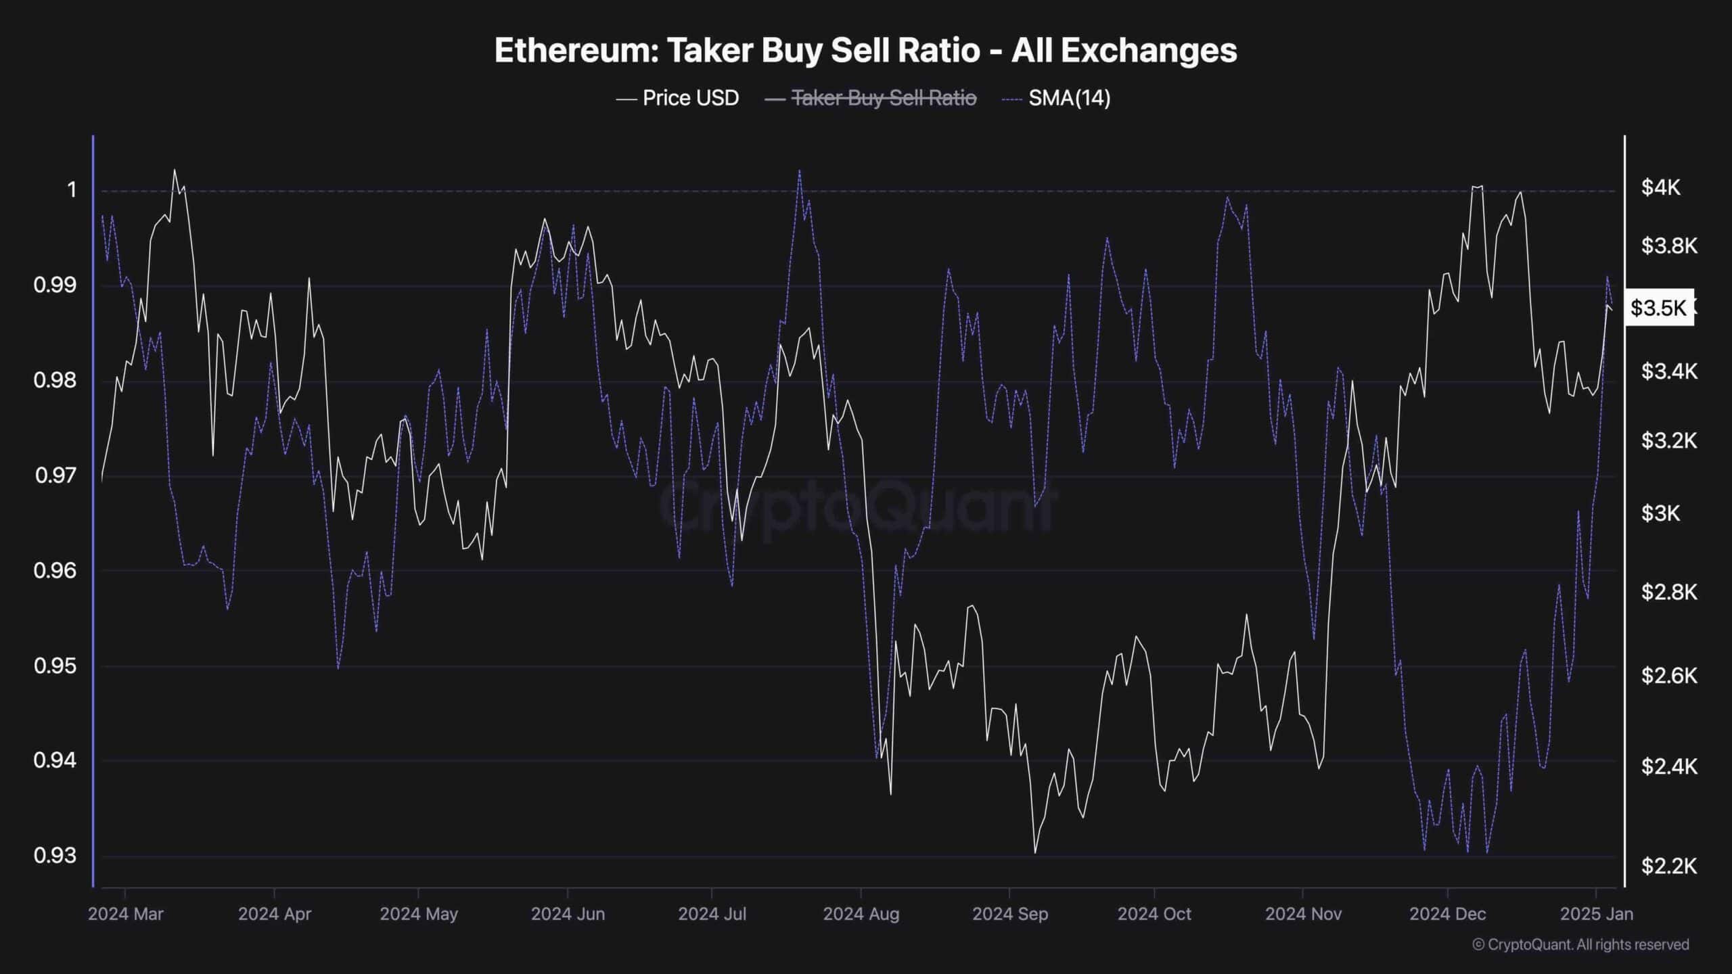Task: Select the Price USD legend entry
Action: pos(677,98)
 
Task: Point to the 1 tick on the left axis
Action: pos(72,190)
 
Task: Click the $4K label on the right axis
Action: pos(1660,187)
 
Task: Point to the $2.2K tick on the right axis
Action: pos(1668,866)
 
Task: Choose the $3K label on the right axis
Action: pos(1660,513)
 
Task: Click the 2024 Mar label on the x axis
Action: pos(126,914)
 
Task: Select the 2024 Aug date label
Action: pos(861,914)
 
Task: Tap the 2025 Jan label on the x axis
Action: pos(1596,914)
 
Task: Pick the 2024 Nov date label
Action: pos(1303,914)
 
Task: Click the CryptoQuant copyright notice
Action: pos(1580,944)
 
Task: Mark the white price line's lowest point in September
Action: pos(1034,852)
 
